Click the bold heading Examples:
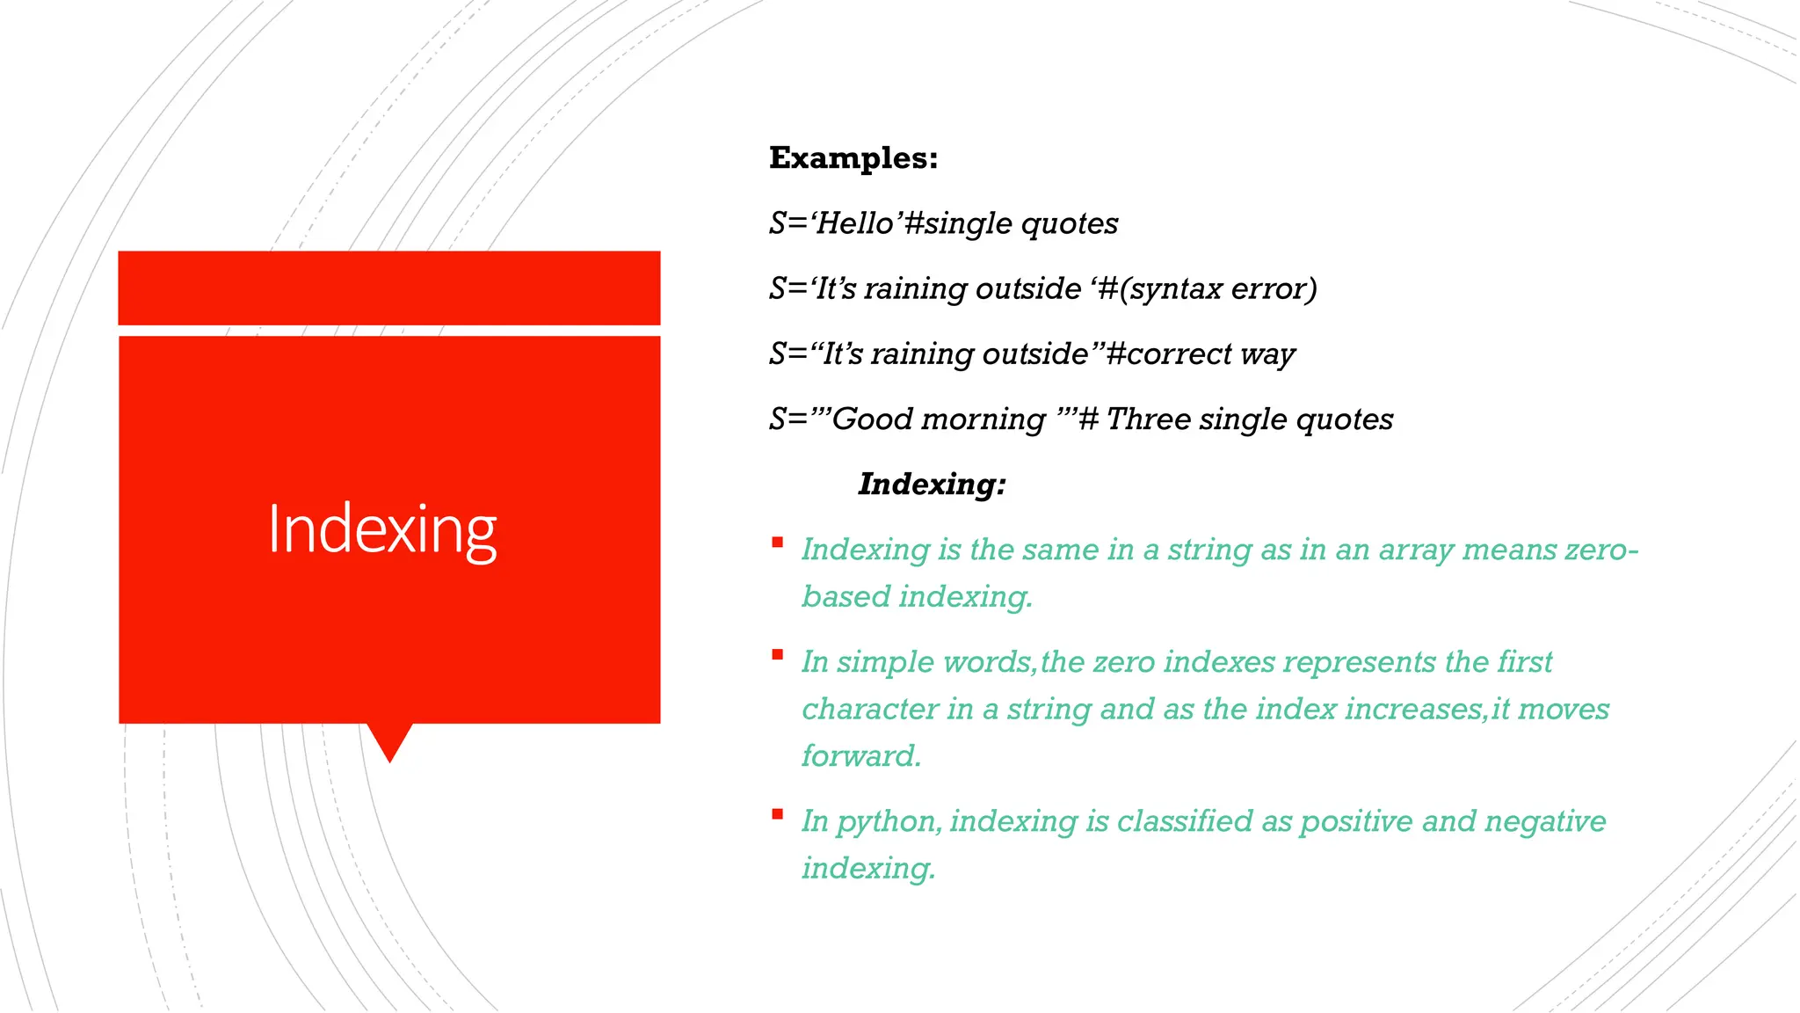click(853, 158)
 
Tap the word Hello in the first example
click(854, 223)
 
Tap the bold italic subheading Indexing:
click(931, 484)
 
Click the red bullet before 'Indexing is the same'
click(777, 543)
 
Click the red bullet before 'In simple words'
click(777, 654)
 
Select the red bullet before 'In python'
click(777, 814)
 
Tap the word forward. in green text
click(860, 755)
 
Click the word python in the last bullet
click(888, 822)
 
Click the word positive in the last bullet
click(1356, 822)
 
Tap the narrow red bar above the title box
click(388, 288)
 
